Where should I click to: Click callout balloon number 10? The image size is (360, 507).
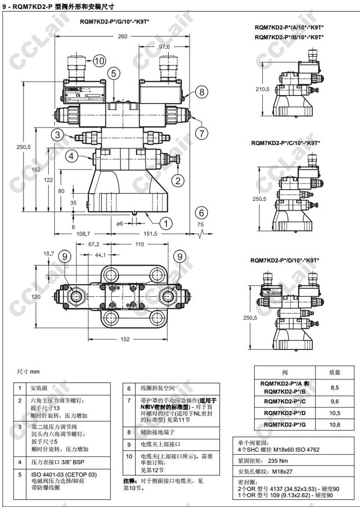(99, 60)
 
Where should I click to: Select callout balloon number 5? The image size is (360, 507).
(114, 73)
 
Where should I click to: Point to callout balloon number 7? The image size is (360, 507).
(202, 133)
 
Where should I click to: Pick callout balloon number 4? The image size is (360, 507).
(72, 156)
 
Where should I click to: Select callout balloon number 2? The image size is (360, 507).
(178, 181)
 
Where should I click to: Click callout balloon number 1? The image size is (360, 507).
(166, 222)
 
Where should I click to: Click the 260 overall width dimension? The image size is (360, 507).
(122, 36)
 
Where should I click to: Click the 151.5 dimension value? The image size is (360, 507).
(150, 234)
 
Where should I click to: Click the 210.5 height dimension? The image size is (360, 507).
(263, 89)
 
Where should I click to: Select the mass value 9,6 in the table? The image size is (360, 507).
(334, 401)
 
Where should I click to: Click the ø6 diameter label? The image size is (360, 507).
(120, 223)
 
